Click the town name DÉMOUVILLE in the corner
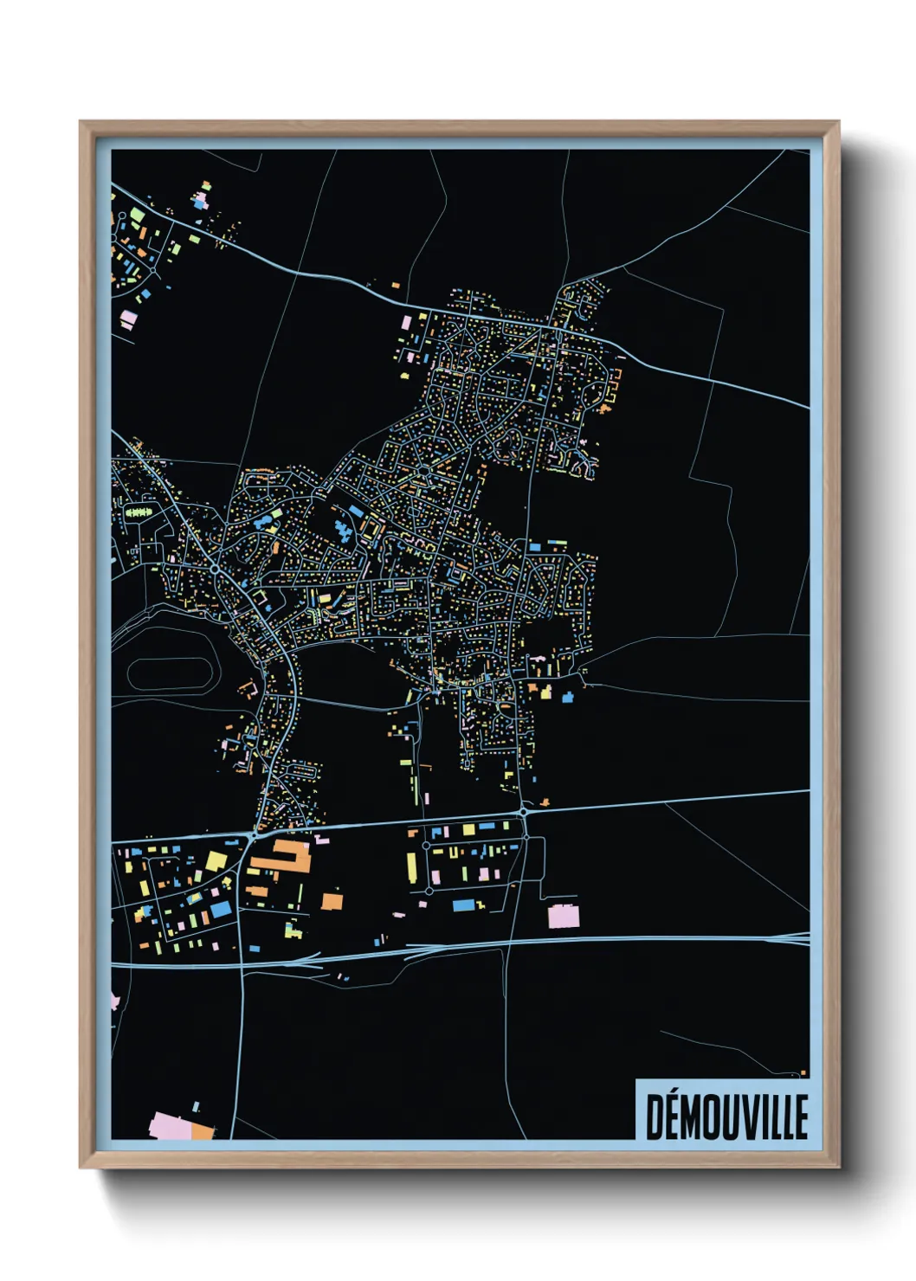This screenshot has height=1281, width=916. click(726, 1116)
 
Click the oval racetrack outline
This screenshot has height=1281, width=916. click(170, 673)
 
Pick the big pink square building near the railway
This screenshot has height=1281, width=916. click(564, 916)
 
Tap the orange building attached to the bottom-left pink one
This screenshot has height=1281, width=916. click(203, 1130)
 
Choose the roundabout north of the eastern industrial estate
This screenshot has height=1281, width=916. click(524, 812)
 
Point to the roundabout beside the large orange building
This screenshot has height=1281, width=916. click(252, 836)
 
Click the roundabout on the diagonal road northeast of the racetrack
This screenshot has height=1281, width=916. click(214, 570)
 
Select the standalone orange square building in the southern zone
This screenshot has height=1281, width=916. click(332, 901)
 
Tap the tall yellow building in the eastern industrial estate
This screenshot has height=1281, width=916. click(411, 865)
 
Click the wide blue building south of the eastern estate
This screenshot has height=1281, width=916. click(464, 905)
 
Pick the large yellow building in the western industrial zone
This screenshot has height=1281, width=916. click(215, 861)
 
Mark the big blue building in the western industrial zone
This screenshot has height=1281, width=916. click(221, 909)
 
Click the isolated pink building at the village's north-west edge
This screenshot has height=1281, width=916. click(406, 323)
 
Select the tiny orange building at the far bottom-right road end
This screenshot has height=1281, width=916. click(803, 1073)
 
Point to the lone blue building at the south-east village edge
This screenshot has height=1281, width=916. click(568, 697)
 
